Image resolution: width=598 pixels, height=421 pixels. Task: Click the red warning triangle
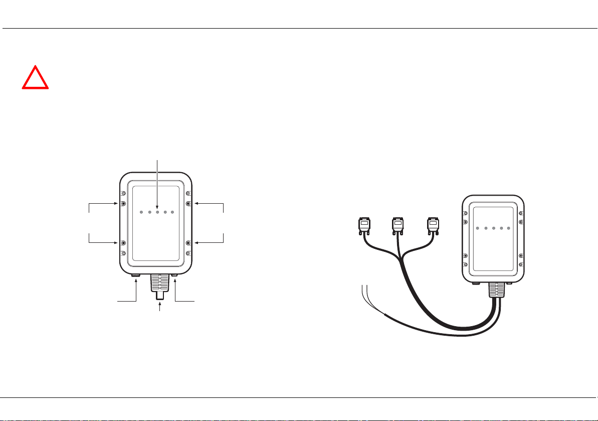coord(35,78)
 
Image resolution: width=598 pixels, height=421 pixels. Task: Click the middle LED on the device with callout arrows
coord(157,212)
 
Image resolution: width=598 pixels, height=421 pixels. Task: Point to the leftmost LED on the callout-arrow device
coord(142,212)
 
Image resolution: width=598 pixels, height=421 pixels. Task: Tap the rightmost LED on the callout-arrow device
coord(172,212)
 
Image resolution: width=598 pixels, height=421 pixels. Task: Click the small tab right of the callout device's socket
coord(174,275)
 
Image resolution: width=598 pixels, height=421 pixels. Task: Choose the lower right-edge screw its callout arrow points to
coord(188,243)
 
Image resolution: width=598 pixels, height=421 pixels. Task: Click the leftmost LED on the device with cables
coord(478,228)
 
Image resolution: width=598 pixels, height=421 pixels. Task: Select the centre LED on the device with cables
coord(493,228)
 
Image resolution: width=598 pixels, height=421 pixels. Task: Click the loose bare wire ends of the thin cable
coord(365,291)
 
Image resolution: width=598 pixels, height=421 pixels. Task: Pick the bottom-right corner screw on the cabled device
coord(522,264)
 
